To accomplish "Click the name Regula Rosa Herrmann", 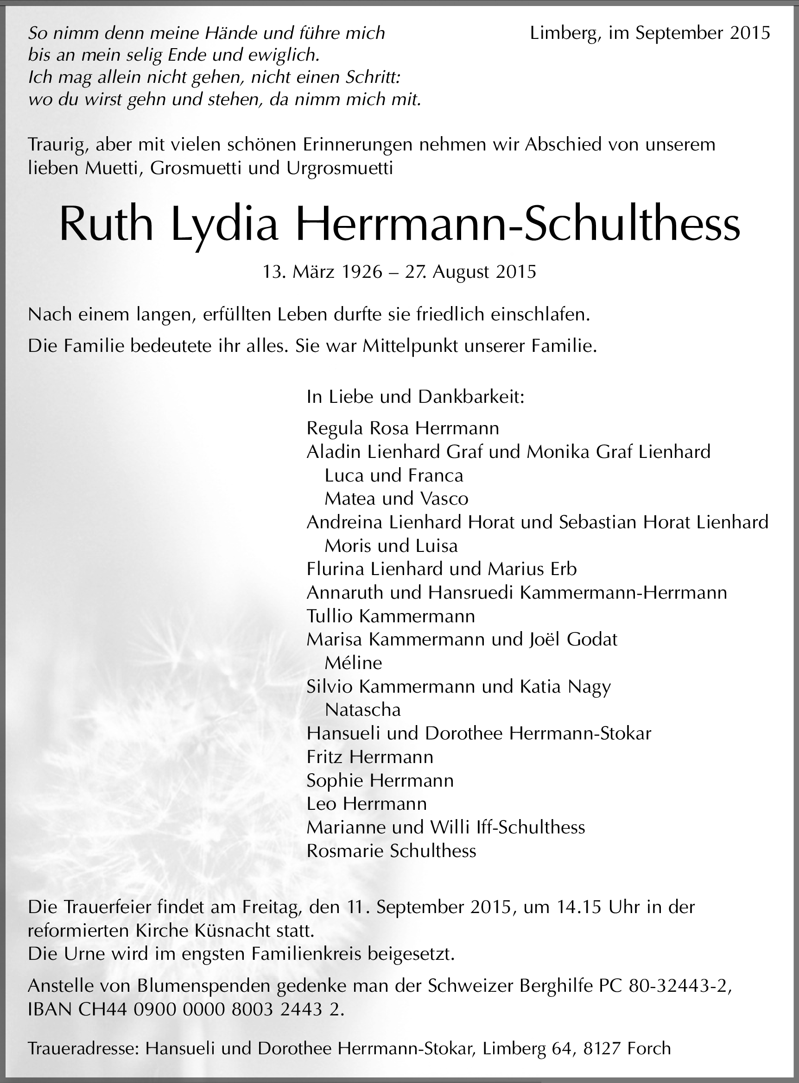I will pyautogui.click(x=402, y=428).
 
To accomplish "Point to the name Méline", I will pyautogui.click(x=353, y=663).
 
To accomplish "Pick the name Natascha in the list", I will pyautogui.click(x=363, y=709).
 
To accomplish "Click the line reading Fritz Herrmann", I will pyautogui.click(x=369, y=756).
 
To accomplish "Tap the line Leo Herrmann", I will pyautogui.click(x=367, y=804).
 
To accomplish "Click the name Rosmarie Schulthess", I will pyautogui.click(x=391, y=851).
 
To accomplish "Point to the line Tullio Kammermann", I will pyautogui.click(x=390, y=616).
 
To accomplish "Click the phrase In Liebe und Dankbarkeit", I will pyautogui.click(x=415, y=397).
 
